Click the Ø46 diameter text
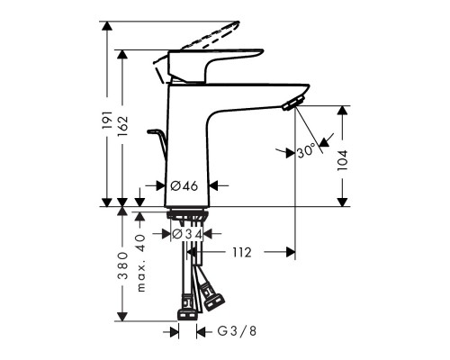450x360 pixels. pyautogui.click(x=184, y=186)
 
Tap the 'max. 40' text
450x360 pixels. pyautogui.click(x=140, y=262)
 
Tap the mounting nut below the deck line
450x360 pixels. pyautogui.click(x=188, y=218)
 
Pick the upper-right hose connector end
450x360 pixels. pyautogui.click(x=216, y=293)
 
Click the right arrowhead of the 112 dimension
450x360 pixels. pyautogui.click(x=290, y=252)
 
